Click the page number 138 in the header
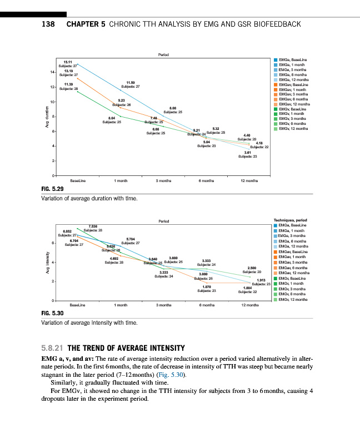[49, 24]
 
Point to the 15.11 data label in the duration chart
[67, 61]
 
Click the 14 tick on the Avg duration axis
[52, 72]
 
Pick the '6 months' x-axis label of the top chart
[207, 181]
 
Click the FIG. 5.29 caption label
[53, 189]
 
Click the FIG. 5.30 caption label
[53, 314]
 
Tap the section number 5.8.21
[53, 349]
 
